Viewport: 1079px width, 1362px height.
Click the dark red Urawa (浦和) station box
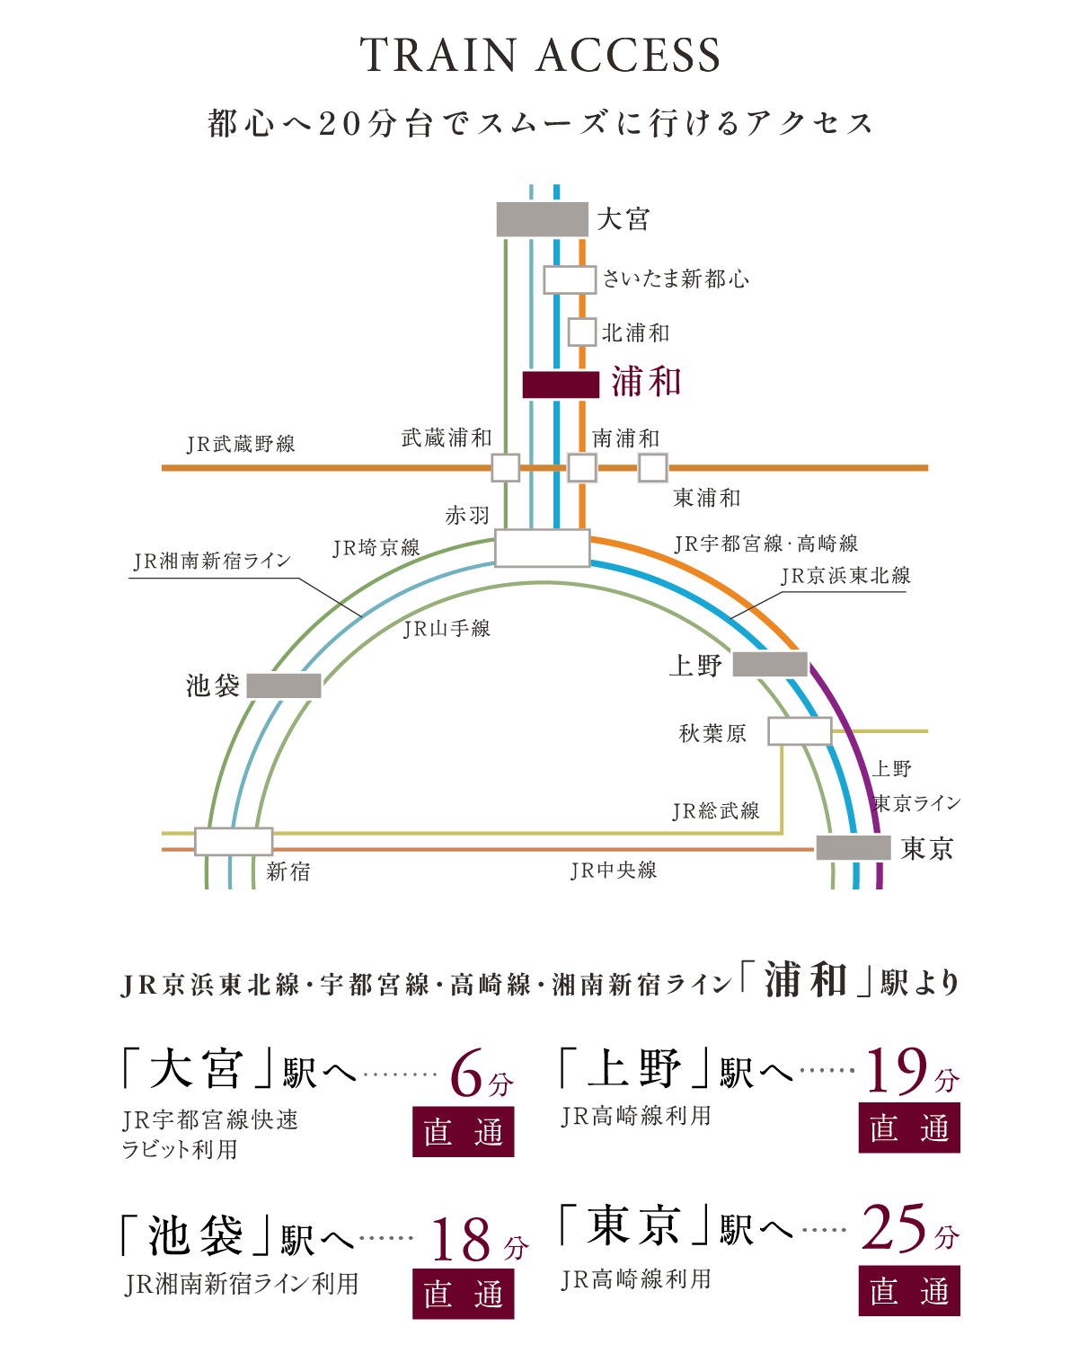[561, 385]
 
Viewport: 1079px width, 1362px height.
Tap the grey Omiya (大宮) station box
[543, 219]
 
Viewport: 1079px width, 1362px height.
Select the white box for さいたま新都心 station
[570, 279]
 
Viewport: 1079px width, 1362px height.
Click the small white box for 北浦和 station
[582, 332]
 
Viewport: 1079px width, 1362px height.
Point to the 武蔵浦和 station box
[506, 467]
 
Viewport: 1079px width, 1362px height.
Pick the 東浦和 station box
[653, 467]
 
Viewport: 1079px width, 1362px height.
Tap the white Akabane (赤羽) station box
[543, 548]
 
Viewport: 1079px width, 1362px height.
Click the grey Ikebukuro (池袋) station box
[284, 685]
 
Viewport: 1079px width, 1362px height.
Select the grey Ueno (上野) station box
[770, 664]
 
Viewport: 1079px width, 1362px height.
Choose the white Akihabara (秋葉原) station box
[800, 731]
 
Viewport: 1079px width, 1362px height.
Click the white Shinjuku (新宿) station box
[234, 841]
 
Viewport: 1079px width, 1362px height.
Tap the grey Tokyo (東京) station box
[853, 847]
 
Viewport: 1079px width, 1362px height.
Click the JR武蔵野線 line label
[241, 444]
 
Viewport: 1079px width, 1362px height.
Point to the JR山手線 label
[447, 629]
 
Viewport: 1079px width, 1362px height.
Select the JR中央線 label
[614, 871]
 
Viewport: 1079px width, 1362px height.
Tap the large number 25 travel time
[893, 1228]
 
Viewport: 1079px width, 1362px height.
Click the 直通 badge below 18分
[464, 1294]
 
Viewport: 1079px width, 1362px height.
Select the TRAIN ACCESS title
[539, 56]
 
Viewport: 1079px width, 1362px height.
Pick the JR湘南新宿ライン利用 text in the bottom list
[242, 1284]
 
